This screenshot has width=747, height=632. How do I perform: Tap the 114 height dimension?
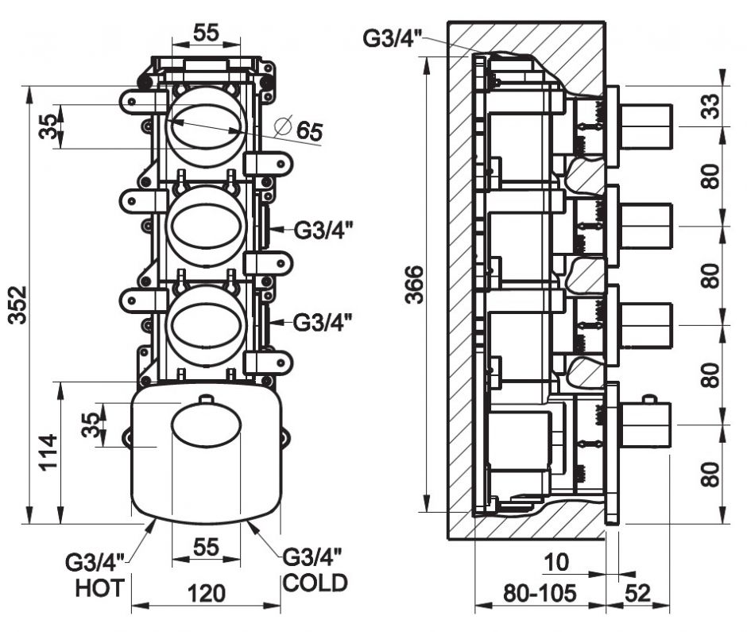click(x=48, y=452)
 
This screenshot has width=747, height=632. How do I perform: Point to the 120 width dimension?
click(x=207, y=594)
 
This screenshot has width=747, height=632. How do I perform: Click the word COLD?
click(x=315, y=583)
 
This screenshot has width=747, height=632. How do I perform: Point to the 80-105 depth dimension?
click(x=540, y=593)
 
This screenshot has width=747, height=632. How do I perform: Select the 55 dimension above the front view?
click(x=207, y=33)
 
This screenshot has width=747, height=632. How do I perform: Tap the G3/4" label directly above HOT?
click(x=94, y=563)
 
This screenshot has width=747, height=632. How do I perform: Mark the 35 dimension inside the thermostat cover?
click(x=94, y=424)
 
